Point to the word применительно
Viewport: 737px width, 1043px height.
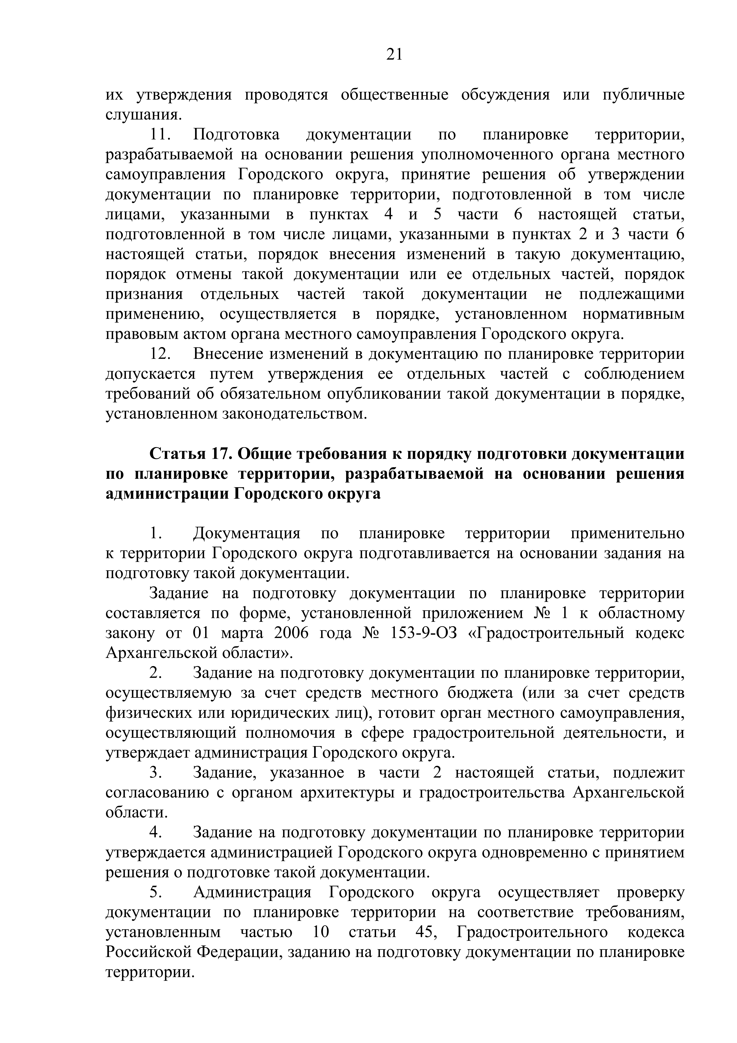coord(627,533)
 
